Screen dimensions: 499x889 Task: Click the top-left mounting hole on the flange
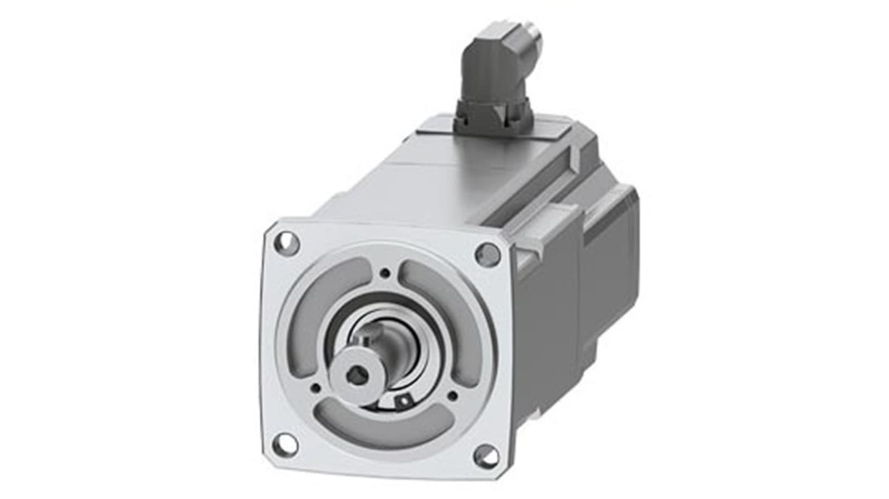(287, 243)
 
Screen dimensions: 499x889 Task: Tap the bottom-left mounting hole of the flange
(285, 444)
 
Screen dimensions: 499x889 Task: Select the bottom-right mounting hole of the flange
(486, 456)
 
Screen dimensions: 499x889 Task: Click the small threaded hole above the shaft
(384, 273)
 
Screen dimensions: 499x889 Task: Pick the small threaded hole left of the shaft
(316, 388)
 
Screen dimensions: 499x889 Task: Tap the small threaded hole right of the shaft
(452, 395)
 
